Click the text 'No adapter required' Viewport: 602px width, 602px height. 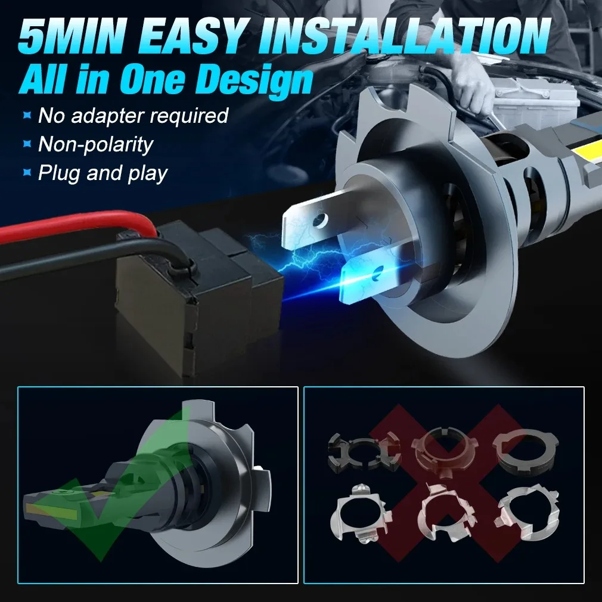[134, 115]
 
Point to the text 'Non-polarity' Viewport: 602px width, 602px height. [95, 144]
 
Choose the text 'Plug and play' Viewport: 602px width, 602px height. [103, 173]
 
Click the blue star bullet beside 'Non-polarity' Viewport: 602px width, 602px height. [27, 144]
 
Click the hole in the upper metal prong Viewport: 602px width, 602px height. [319, 219]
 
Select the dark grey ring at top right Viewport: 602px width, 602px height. [525, 450]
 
